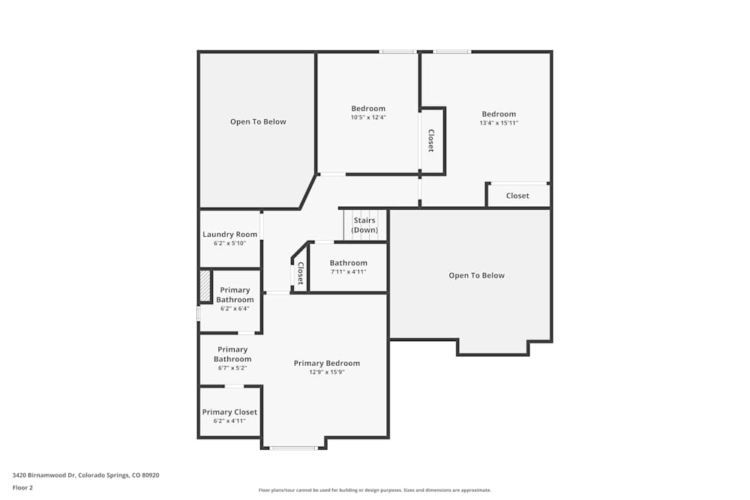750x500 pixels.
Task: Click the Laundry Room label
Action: tap(230, 234)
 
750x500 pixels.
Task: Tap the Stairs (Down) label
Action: tap(364, 225)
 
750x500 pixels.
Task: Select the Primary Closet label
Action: tap(229, 412)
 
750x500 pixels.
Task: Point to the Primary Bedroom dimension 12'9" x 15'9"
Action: tap(327, 372)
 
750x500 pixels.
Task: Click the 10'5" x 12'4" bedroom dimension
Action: tap(368, 117)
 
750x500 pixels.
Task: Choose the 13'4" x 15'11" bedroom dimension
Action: tap(499, 123)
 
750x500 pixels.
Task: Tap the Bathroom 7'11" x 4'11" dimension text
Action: tap(348, 271)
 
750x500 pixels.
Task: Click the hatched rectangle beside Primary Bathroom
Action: tap(205, 286)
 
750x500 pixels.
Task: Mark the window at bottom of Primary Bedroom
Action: tap(293, 448)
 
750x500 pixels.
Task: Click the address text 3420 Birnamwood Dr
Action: tap(44, 475)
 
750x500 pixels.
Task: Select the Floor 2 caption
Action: tap(22, 487)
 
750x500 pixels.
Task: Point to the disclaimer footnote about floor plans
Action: tap(374, 490)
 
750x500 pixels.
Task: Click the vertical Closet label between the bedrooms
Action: tap(431, 140)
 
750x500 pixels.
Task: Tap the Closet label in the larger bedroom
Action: tap(517, 196)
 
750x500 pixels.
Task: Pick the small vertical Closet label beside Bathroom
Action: tap(301, 274)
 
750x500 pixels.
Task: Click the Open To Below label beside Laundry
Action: tap(258, 122)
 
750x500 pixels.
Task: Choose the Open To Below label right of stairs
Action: tap(476, 275)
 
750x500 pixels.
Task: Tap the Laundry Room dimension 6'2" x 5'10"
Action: tap(230, 244)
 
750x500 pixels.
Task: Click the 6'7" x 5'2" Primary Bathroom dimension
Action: tap(232, 368)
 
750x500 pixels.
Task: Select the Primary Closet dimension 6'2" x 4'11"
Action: tap(229, 421)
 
